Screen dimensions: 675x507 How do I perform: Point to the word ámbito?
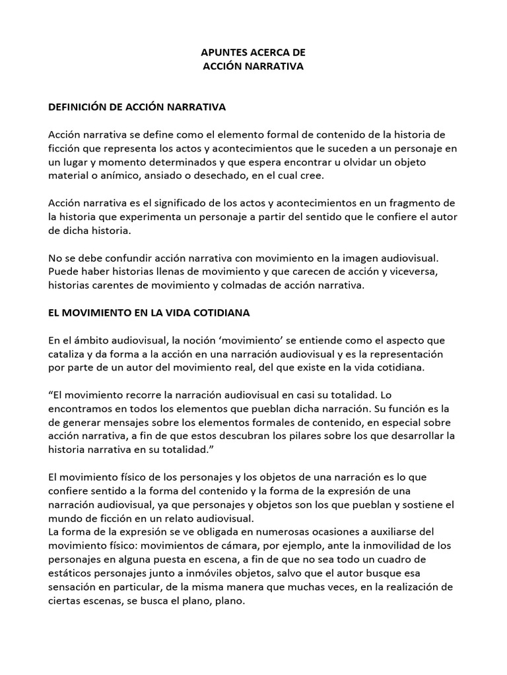pyautogui.click(x=87, y=340)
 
